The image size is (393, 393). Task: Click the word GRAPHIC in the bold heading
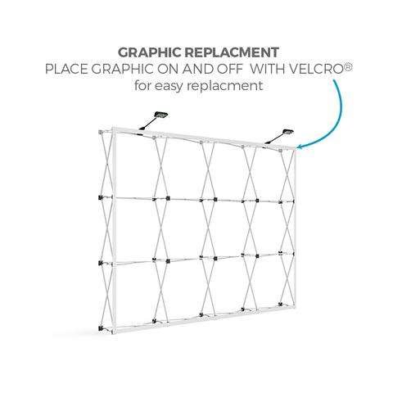tap(150, 52)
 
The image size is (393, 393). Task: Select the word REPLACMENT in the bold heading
tap(232, 52)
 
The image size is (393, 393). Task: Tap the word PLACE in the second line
tap(66, 69)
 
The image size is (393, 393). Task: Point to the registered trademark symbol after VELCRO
tap(349, 66)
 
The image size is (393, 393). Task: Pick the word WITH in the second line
tap(268, 69)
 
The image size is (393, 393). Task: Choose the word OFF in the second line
tap(229, 69)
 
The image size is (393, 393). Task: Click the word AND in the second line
tap(198, 69)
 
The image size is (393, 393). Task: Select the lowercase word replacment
tap(225, 86)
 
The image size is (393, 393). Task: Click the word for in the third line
tap(142, 85)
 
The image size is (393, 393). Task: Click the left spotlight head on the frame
tap(161, 115)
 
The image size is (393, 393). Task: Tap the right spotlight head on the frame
tap(287, 133)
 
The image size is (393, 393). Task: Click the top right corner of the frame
tap(295, 148)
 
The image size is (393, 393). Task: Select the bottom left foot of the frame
tap(102, 328)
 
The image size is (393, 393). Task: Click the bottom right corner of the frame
tap(295, 307)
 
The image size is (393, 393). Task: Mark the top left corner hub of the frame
tap(101, 132)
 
